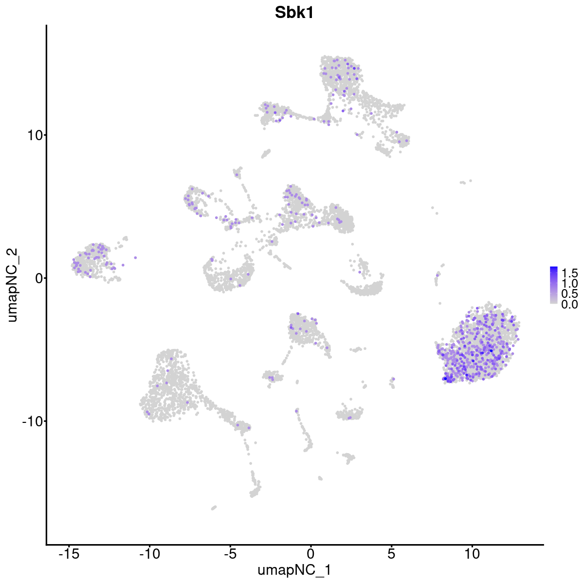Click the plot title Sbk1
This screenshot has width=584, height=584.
pyautogui.click(x=294, y=13)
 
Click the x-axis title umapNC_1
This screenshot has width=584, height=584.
pyautogui.click(x=294, y=570)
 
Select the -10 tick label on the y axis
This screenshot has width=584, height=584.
pyautogui.click(x=32, y=421)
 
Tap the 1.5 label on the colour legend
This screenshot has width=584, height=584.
pyautogui.click(x=569, y=273)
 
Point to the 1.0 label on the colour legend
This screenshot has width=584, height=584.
pyautogui.click(x=569, y=283)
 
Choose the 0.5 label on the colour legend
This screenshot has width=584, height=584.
pyautogui.click(x=569, y=294)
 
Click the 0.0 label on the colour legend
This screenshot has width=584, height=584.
pyautogui.click(x=569, y=305)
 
